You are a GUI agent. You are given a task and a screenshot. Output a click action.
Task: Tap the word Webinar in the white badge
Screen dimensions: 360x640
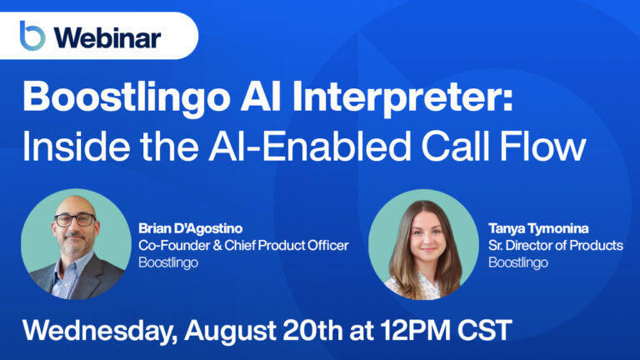tap(106, 37)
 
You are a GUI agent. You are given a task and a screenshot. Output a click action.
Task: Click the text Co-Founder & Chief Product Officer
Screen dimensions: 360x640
tap(242, 244)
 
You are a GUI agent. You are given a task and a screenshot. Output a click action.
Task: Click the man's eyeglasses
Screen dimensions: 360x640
tap(75, 221)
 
